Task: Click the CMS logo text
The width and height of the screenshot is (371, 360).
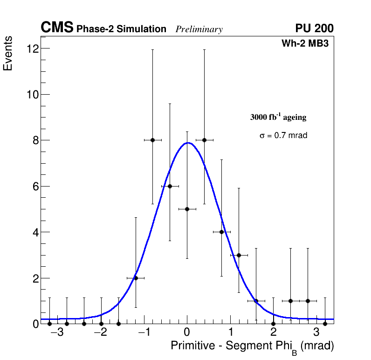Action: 57,28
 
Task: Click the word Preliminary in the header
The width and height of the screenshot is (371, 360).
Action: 199,29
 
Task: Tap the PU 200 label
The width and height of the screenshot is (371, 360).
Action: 314,28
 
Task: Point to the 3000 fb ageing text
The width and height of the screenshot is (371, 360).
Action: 278,118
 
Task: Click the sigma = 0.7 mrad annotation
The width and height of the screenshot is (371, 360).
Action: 283,136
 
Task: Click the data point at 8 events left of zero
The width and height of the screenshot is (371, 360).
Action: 152,140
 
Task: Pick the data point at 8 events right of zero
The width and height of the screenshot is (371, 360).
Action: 204,140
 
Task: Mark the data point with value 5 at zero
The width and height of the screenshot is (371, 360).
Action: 187,209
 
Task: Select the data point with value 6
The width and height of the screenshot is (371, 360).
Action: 170,186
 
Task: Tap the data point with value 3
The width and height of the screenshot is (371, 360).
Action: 239,255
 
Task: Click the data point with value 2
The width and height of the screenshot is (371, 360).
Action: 136,278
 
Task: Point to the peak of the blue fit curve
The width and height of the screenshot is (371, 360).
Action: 187,143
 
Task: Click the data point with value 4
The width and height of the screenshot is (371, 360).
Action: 221,232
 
